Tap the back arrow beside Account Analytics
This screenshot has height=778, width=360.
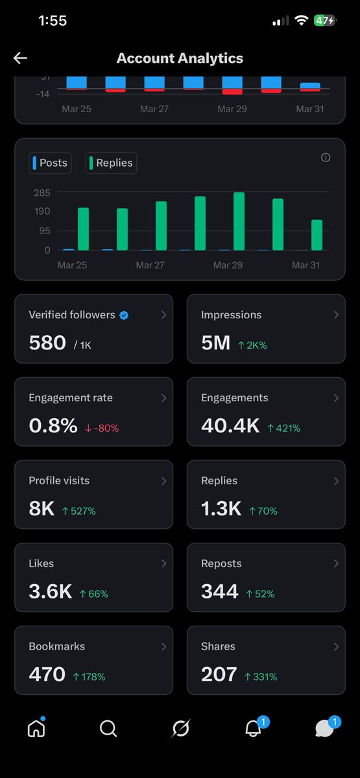[20, 58]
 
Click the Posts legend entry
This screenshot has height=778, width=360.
[49, 163]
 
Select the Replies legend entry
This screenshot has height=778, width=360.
[111, 163]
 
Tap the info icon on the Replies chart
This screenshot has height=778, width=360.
[326, 158]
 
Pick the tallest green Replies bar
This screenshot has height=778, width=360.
[239, 221]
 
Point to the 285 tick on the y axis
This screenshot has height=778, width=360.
[42, 193]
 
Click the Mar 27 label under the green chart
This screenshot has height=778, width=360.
[150, 265]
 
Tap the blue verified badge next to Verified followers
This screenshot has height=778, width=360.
[124, 315]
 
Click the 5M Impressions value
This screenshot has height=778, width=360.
[215, 343]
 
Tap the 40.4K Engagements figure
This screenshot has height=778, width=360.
[230, 426]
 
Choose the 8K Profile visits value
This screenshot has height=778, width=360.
[42, 509]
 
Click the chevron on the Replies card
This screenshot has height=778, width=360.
[336, 481]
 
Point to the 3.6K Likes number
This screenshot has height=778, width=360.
[50, 592]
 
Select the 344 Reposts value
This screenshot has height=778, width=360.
[220, 592]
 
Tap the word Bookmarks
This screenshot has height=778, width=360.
[56, 646]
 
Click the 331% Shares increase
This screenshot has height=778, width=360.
[261, 677]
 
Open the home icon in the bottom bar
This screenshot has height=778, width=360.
[36, 729]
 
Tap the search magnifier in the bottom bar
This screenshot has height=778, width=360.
[108, 729]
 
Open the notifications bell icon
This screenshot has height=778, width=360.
[253, 729]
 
